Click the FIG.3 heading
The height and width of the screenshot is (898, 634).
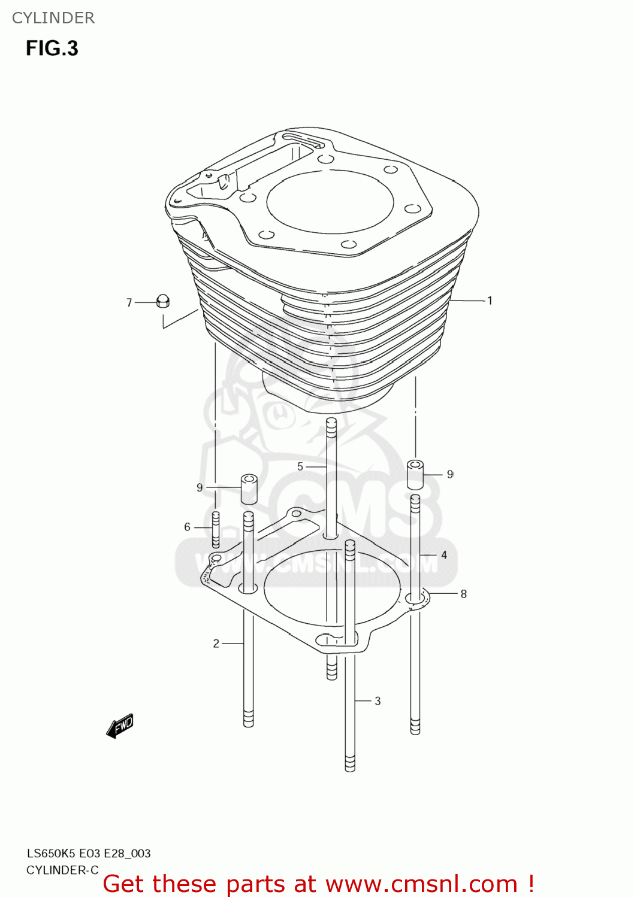pyautogui.click(x=52, y=48)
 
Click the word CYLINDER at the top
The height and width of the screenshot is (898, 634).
pyautogui.click(x=53, y=18)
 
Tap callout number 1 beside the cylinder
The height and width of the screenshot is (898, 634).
pyautogui.click(x=490, y=301)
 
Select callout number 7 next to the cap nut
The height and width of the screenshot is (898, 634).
pyautogui.click(x=129, y=303)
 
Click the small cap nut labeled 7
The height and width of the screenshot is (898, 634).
pyautogui.click(x=162, y=301)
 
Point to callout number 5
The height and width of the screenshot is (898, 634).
pyautogui.click(x=300, y=466)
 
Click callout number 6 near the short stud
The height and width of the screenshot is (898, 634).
pyautogui.click(x=187, y=527)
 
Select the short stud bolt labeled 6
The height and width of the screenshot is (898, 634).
pyautogui.click(x=216, y=529)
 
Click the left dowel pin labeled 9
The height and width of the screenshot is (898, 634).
pyautogui.click(x=249, y=489)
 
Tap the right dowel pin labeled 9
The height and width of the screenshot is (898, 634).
pyautogui.click(x=415, y=474)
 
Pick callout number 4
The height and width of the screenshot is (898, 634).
pyautogui.click(x=444, y=555)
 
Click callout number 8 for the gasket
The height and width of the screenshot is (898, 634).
pyautogui.click(x=463, y=594)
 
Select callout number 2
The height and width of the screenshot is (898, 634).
pyautogui.click(x=216, y=644)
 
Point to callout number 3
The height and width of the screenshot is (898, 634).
pyautogui.click(x=378, y=700)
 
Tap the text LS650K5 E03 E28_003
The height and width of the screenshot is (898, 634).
pyautogui.click(x=89, y=854)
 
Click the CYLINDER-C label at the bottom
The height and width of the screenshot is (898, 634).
pyautogui.click(x=62, y=870)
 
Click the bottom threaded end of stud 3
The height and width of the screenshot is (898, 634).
pyautogui.click(x=350, y=763)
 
